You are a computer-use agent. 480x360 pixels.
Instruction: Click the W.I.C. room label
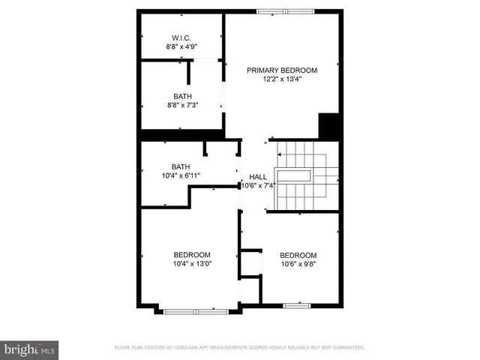(x=181, y=37)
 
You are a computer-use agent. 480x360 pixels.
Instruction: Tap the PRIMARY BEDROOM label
(x=283, y=70)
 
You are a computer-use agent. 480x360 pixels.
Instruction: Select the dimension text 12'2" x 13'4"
(x=283, y=80)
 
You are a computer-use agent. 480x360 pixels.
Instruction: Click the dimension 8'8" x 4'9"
(x=181, y=47)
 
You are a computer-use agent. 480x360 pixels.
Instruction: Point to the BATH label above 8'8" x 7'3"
(x=182, y=96)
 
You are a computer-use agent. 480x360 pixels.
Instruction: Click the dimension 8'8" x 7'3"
(x=182, y=106)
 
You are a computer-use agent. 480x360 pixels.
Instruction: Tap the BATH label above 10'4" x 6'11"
(x=181, y=167)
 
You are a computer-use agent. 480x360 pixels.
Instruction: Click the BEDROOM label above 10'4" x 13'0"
(x=192, y=255)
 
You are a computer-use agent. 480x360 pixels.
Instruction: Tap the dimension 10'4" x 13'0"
(x=192, y=264)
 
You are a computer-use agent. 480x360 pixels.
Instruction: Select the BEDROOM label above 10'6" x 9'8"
(x=298, y=255)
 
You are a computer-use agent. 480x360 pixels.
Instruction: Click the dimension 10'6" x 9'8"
(x=298, y=264)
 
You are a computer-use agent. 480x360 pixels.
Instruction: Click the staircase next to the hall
(x=304, y=177)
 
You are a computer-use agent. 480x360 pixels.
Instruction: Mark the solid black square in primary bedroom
(x=329, y=126)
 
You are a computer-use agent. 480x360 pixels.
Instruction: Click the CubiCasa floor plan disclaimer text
(x=239, y=348)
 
